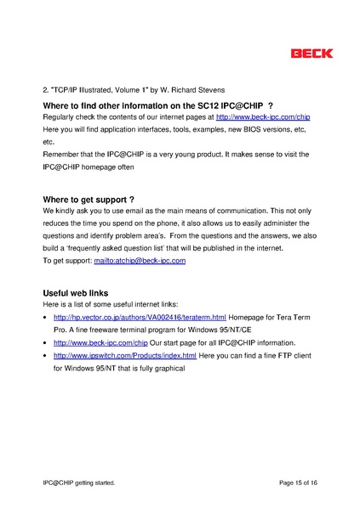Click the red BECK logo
(311, 54)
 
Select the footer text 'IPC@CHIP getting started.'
(78, 483)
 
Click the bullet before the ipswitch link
(44, 356)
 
